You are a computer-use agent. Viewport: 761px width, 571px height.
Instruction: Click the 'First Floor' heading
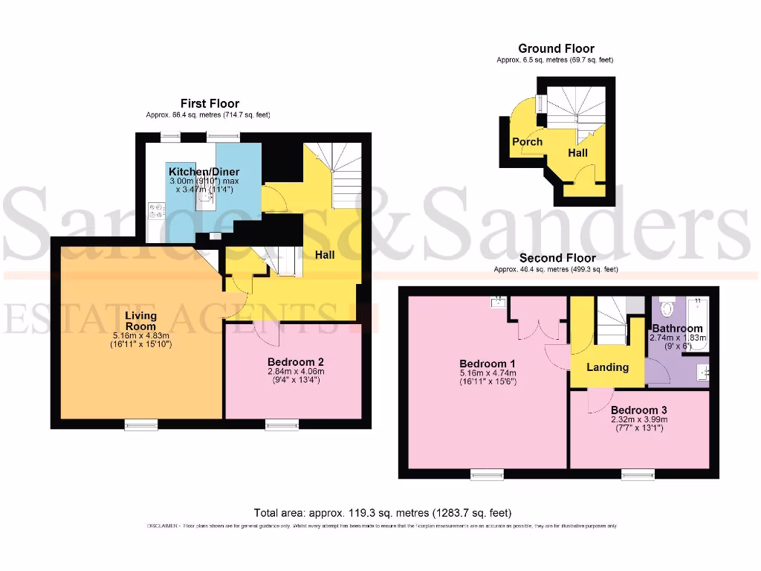(x=210, y=103)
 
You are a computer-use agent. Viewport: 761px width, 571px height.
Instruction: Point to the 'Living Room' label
(x=140, y=320)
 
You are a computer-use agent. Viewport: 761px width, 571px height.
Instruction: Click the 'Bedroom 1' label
(x=488, y=364)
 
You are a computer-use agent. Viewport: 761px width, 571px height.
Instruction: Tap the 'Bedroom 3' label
(x=638, y=410)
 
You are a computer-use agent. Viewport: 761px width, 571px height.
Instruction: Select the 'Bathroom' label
(x=677, y=328)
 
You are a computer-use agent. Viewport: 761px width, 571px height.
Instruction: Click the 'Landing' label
(x=607, y=367)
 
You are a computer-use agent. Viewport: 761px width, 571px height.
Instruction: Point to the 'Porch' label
(x=527, y=141)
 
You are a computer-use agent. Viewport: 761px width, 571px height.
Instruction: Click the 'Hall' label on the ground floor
(x=577, y=152)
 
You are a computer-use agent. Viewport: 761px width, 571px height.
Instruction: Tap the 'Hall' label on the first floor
(x=324, y=254)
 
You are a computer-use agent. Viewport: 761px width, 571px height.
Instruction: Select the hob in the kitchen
(x=157, y=211)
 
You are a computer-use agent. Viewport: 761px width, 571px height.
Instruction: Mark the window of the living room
(x=141, y=425)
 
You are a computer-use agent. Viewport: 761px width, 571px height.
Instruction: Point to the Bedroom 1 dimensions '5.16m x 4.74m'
(x=488, y=373)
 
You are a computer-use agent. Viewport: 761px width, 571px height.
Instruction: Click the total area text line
(x=382, y=513)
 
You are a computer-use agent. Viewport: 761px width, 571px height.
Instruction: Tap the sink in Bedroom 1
(x=497, y=303)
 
